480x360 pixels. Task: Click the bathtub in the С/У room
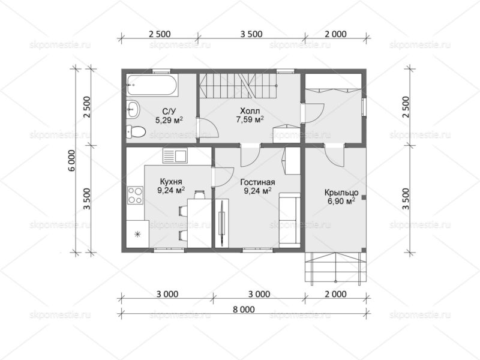[152, 85]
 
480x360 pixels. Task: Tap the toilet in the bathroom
[136, 132]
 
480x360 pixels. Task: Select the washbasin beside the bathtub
[133, 109]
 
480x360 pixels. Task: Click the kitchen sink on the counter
[175, 156]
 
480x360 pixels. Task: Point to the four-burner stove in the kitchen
[135, 196]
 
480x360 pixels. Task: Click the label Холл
[250, 110]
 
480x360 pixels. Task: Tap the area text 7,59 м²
[250, 119]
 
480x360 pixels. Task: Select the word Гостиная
[257, 182]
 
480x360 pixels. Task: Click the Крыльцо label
[341, 193]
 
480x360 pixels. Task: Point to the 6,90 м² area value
[341, 202]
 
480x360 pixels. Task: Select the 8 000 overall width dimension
[244, 310]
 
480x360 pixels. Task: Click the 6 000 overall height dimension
[72, 161]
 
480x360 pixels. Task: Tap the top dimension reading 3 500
[251, 34]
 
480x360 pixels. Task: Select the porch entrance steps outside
[336, 267]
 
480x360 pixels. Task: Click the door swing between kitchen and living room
[224, 177]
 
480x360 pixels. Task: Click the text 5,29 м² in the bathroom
[169, 120]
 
